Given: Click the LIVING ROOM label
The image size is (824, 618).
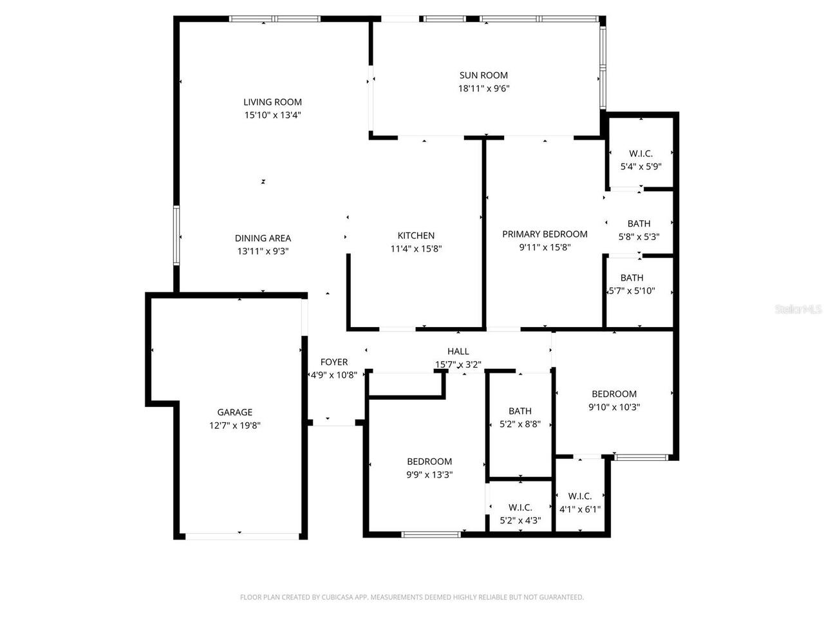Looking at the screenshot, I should click(272, 102).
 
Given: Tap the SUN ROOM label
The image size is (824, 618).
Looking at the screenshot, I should click(483, 75).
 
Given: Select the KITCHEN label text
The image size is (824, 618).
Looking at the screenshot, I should click(416, 236).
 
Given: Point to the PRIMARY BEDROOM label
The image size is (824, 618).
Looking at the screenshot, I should click(545, 234).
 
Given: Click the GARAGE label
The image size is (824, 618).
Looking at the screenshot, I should click(234, 412).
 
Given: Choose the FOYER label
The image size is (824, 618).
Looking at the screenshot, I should click(333, 362).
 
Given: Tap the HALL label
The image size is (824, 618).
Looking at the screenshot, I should click(458, 351).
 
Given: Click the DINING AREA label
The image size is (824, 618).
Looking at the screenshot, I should click(263, 238).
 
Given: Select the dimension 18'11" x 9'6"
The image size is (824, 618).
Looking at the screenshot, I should click(483, 89).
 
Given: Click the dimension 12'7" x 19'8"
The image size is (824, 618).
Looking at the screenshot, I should click(234, 426).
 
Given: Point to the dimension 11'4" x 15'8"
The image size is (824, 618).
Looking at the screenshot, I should click(416, 249).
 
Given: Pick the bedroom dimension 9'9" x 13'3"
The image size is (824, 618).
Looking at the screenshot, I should click(429, 475).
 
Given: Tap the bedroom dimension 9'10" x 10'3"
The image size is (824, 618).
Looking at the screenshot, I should click(614, 407).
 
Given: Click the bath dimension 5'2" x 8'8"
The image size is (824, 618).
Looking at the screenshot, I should click(520, 424).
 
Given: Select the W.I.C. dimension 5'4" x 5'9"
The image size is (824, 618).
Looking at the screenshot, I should click(641, 166).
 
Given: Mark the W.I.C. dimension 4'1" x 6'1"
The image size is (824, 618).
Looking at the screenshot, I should click(580, 509).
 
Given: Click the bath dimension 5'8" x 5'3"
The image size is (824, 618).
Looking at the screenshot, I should click(639, 237).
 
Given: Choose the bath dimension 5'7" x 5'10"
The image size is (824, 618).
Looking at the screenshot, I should click(632, 291).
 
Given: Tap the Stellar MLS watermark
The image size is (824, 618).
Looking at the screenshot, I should click(798, 310).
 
